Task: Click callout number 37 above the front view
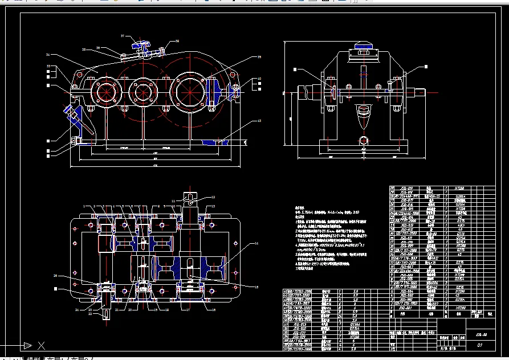122,36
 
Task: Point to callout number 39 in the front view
258,57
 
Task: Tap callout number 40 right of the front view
258,79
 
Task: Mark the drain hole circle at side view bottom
363,140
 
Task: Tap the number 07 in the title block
480,345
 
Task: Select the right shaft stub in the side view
417,92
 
